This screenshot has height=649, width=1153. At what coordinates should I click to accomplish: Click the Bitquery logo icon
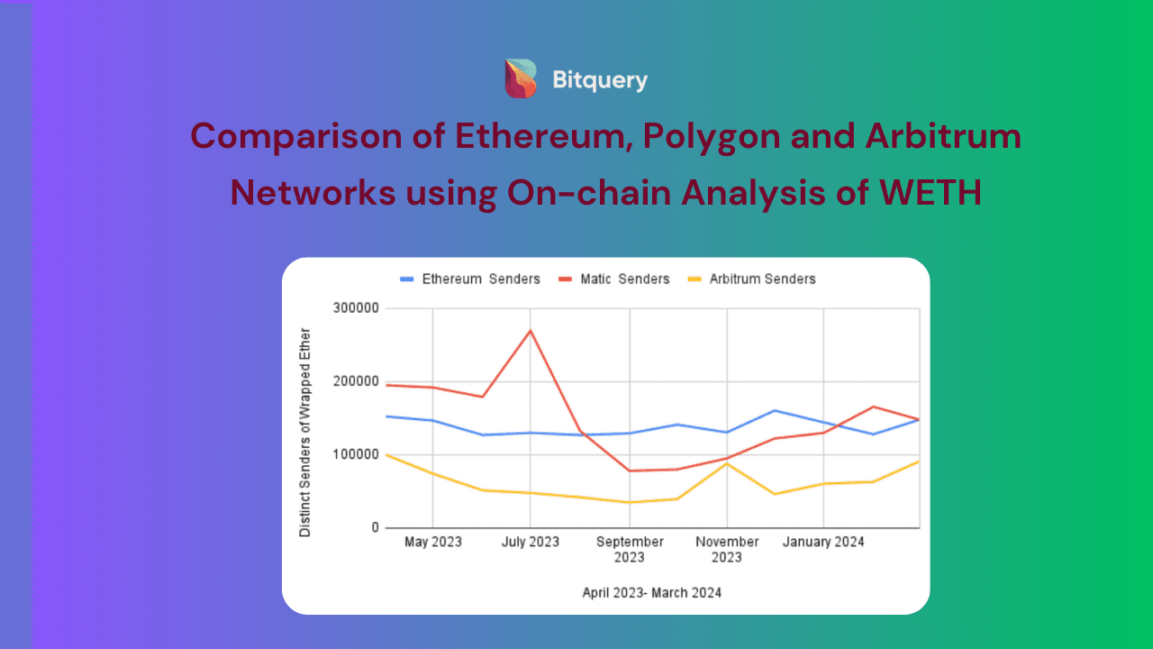(521, 78)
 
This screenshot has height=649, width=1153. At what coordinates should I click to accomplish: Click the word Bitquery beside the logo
(600, 80)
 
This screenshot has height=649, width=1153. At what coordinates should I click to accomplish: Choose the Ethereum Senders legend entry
(468, 279)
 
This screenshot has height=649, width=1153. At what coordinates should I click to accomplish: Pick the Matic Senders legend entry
(614, 279)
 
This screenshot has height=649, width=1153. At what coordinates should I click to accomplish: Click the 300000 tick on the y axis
(356, 308)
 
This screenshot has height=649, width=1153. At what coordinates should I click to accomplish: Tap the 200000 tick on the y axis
(356, 381)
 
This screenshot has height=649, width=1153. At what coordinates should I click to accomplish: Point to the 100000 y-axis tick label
(356, 454)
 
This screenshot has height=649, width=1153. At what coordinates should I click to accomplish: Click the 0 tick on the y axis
(375, 528)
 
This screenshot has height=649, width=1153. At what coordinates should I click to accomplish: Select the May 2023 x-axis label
(433, 543)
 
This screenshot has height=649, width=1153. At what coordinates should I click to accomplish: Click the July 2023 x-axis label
(531, 543)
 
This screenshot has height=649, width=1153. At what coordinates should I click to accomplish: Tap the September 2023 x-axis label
(630, 549)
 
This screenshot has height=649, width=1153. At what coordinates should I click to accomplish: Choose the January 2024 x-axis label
(823, 543)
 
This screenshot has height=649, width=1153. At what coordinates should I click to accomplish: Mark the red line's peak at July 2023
(531, 331)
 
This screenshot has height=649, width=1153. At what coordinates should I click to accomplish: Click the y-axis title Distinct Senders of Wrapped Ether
(305, 433)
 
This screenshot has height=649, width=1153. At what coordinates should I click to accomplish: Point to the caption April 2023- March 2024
(651, 593)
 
